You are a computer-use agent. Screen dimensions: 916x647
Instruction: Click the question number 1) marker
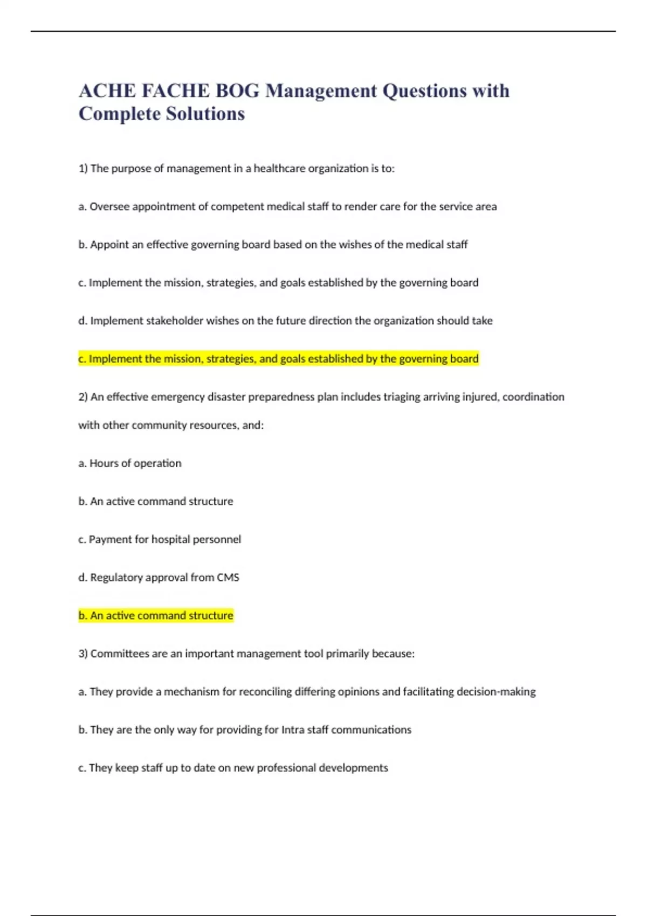tap(83, 169)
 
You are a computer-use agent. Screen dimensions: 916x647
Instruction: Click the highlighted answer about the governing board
tap(278, 359)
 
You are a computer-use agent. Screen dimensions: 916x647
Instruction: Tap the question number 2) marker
tap(83, 397)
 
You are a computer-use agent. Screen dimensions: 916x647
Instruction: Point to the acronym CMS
tap(228, 578)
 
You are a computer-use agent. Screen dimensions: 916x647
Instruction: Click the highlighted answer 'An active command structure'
tap(156, 615)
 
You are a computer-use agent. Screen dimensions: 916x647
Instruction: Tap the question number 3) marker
tap(83, 654)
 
